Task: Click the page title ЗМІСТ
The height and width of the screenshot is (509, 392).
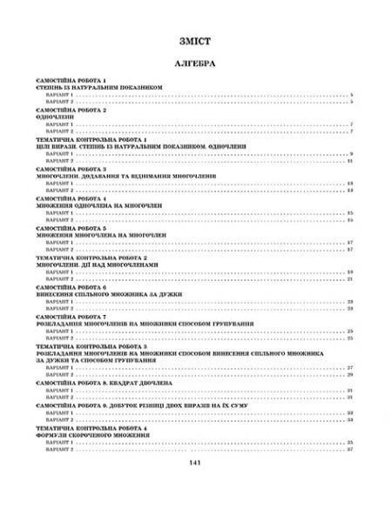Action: (195, 41)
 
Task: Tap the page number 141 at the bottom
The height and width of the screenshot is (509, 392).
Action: (195, 486)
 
